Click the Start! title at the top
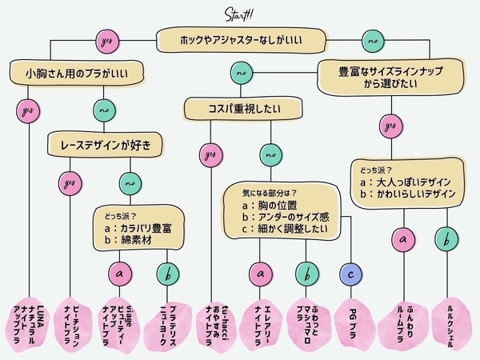point(240,14)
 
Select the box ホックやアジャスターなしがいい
point(241,38)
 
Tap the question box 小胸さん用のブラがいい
point(78,74)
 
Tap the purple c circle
point(350,274)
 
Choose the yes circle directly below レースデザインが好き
point(70,183)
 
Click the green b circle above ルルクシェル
point(446,238)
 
